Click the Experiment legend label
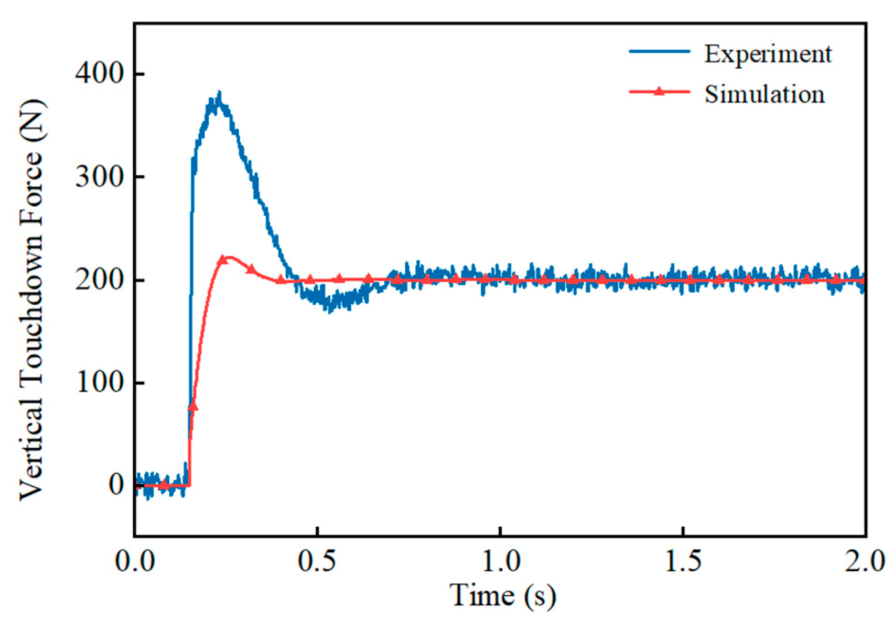point(767,54)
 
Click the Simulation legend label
point(764,94)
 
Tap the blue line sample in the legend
point(659,51)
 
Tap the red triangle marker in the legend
point(659,91)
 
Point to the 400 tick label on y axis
point(99,73)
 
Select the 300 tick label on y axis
point(99,177)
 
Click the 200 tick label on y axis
point(99,279)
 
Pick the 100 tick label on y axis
point(99,382)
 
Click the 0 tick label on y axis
point(116,485)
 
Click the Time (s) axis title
point(502,595)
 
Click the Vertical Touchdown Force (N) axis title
point(32,299)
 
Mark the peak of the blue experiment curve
point(218,92)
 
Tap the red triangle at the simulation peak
point(222,260)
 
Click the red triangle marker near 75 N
point(192,406)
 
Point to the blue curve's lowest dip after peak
point(329,311)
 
